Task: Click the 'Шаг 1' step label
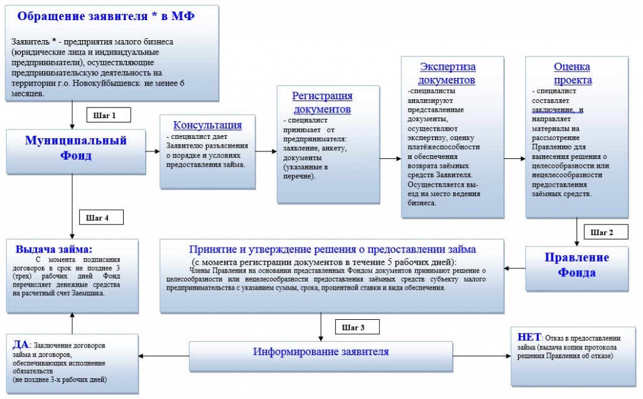point(104,116)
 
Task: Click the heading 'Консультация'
point(207,124)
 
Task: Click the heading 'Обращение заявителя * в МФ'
point(105,16)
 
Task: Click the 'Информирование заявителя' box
point(321,352)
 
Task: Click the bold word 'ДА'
point(19,344)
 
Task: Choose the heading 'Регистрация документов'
point(322,102)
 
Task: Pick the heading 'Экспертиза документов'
point(448,74)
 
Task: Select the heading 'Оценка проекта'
point(572,74)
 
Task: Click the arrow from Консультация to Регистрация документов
point(266,152)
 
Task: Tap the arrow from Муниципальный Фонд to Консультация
point(151,152)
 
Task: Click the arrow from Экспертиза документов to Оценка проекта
point(514,158)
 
